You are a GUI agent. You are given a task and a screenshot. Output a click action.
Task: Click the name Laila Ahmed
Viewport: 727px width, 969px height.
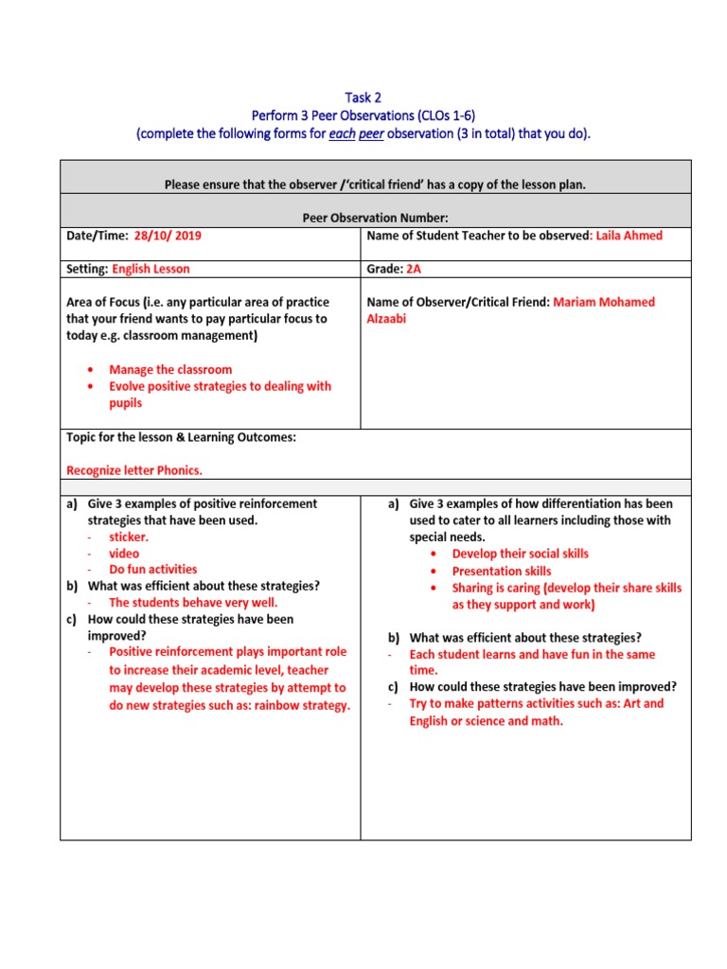629,236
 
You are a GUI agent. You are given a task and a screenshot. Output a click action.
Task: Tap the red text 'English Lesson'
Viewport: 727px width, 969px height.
151,269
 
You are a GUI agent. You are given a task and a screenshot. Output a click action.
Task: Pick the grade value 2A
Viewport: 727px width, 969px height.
414,269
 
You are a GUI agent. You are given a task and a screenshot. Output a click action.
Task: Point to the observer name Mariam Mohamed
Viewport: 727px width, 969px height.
604,302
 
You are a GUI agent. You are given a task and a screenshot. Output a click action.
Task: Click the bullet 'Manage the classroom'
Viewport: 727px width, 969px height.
170,369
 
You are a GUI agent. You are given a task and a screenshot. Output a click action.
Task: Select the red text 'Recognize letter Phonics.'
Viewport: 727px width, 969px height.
134,469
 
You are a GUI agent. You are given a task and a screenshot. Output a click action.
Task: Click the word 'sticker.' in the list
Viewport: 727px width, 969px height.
129,537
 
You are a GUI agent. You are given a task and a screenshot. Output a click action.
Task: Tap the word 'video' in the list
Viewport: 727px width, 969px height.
124,553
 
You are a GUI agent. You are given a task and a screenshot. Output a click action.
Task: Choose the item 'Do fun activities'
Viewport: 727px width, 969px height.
153,569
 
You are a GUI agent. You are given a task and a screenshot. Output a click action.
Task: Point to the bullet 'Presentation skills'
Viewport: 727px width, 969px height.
501,571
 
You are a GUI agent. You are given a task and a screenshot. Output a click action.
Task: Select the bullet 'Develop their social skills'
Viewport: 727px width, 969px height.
520,554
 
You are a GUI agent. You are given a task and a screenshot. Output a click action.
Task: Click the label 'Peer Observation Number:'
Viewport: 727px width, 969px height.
375,218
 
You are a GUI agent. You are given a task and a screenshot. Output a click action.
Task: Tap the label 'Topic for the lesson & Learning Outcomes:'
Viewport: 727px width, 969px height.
181,437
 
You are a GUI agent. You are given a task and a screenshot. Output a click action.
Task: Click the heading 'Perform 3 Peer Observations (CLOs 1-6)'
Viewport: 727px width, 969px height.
363,115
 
